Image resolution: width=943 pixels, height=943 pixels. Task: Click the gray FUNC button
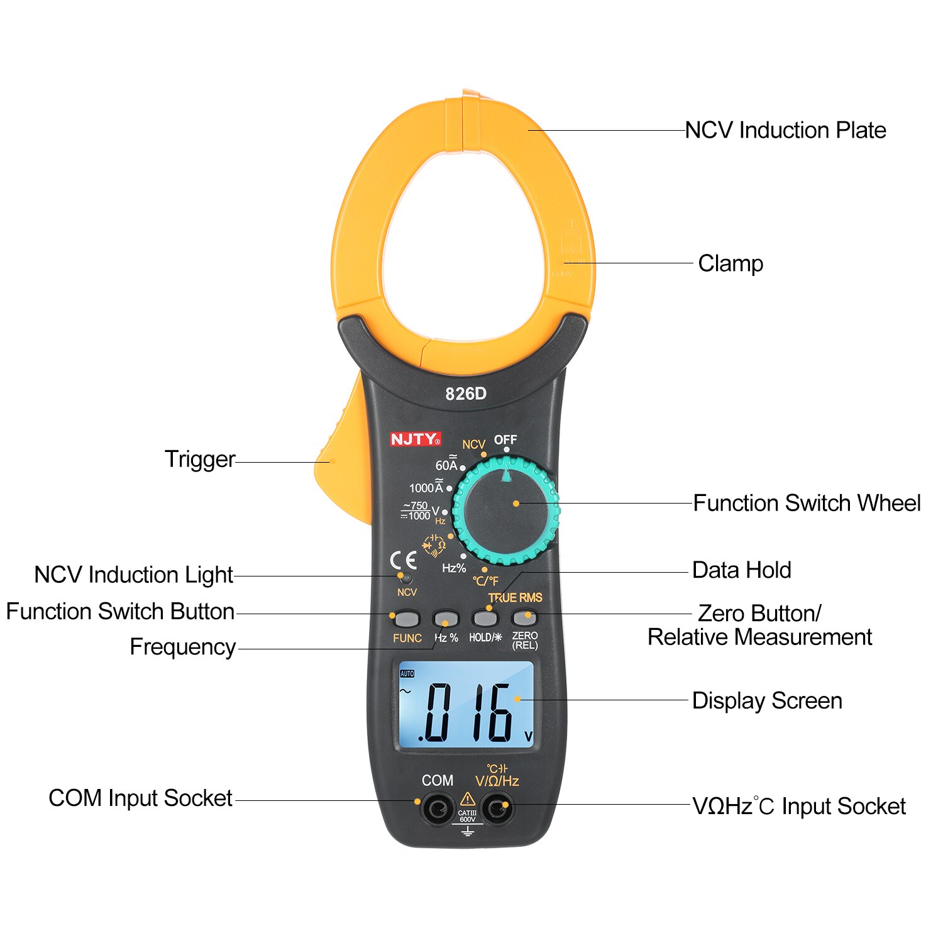point(407,619)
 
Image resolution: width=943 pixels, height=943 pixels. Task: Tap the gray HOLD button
point(485,619)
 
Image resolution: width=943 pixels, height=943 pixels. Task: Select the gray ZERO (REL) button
point(524,617)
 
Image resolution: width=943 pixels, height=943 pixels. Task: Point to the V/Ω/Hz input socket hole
point(497,808)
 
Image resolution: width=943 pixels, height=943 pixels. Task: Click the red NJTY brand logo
point(415,439)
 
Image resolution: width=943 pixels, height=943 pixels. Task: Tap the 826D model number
point(466,394)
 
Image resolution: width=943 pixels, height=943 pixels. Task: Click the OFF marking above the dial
point(505,439)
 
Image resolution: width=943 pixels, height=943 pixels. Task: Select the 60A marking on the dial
point(446,465)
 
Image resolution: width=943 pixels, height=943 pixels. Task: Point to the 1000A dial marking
point(426,487)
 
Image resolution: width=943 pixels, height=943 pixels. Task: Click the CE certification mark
point(403,560)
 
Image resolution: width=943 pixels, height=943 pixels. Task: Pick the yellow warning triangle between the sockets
point(467,799)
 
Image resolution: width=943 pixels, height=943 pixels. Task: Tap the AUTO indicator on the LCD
point(407,673)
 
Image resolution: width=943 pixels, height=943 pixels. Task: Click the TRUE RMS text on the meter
point(515,597)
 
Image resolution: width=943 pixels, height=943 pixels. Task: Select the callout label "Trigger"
point(200,460)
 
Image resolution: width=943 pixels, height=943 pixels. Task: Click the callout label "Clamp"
point(731,263)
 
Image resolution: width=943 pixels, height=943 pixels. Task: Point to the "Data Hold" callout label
point(741,570)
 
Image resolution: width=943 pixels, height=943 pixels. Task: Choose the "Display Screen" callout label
point(767,700)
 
